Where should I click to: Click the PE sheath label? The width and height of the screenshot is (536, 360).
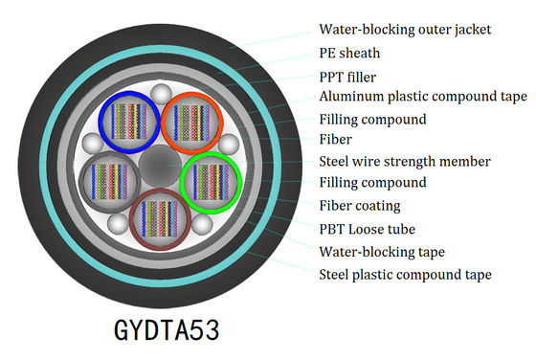point(349,54)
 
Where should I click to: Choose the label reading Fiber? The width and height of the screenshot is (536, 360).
point(334,140)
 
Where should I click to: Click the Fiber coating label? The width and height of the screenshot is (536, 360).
point(359,205)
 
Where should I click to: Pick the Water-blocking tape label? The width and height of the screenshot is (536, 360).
point(380,251)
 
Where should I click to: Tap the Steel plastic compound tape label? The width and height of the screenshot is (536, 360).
point(405,274)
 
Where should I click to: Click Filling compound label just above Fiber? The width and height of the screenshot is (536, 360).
point(372,120)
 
